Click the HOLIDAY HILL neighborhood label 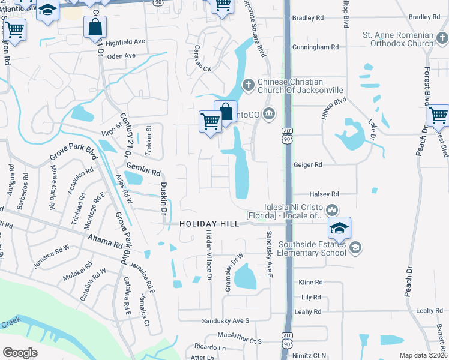coord(209,224)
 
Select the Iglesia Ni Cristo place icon coord(332,210)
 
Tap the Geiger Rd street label coord(308,164)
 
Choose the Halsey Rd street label coord(324,194)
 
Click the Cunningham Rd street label coord(315,47)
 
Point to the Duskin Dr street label coord(164,198)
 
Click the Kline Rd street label coord(311,282)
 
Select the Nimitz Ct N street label coord(310,356)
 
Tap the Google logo coord(20,353)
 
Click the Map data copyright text coord(423,355)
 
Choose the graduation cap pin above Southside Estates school coord(339,229)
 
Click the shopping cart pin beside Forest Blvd coord(438,115)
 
